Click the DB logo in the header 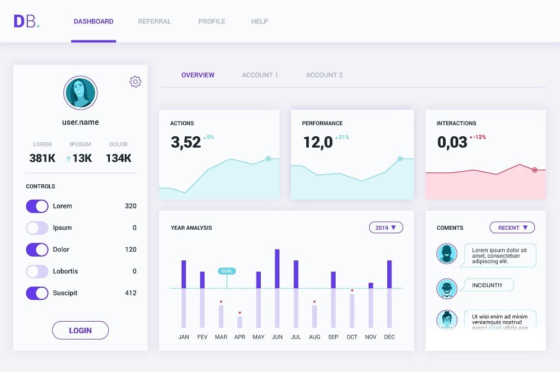click(26, 21)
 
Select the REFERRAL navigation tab click(154, 21)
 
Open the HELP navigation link click(259, 21)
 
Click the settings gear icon click(135, 82)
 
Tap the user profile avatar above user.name click(80, 93)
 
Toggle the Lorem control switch click(37, 206)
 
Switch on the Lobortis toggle click(37, 271)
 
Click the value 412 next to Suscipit click(130, 293)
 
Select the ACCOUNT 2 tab click(324, 75)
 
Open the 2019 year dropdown click(386, 228)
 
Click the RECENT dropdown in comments click(512, 228)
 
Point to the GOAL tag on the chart click(226, 271)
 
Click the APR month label click(240, 337)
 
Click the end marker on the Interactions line click(534, 170)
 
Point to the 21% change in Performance click(343, 137)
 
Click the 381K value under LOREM click(42, 159)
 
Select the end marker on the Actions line click(268, 159)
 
